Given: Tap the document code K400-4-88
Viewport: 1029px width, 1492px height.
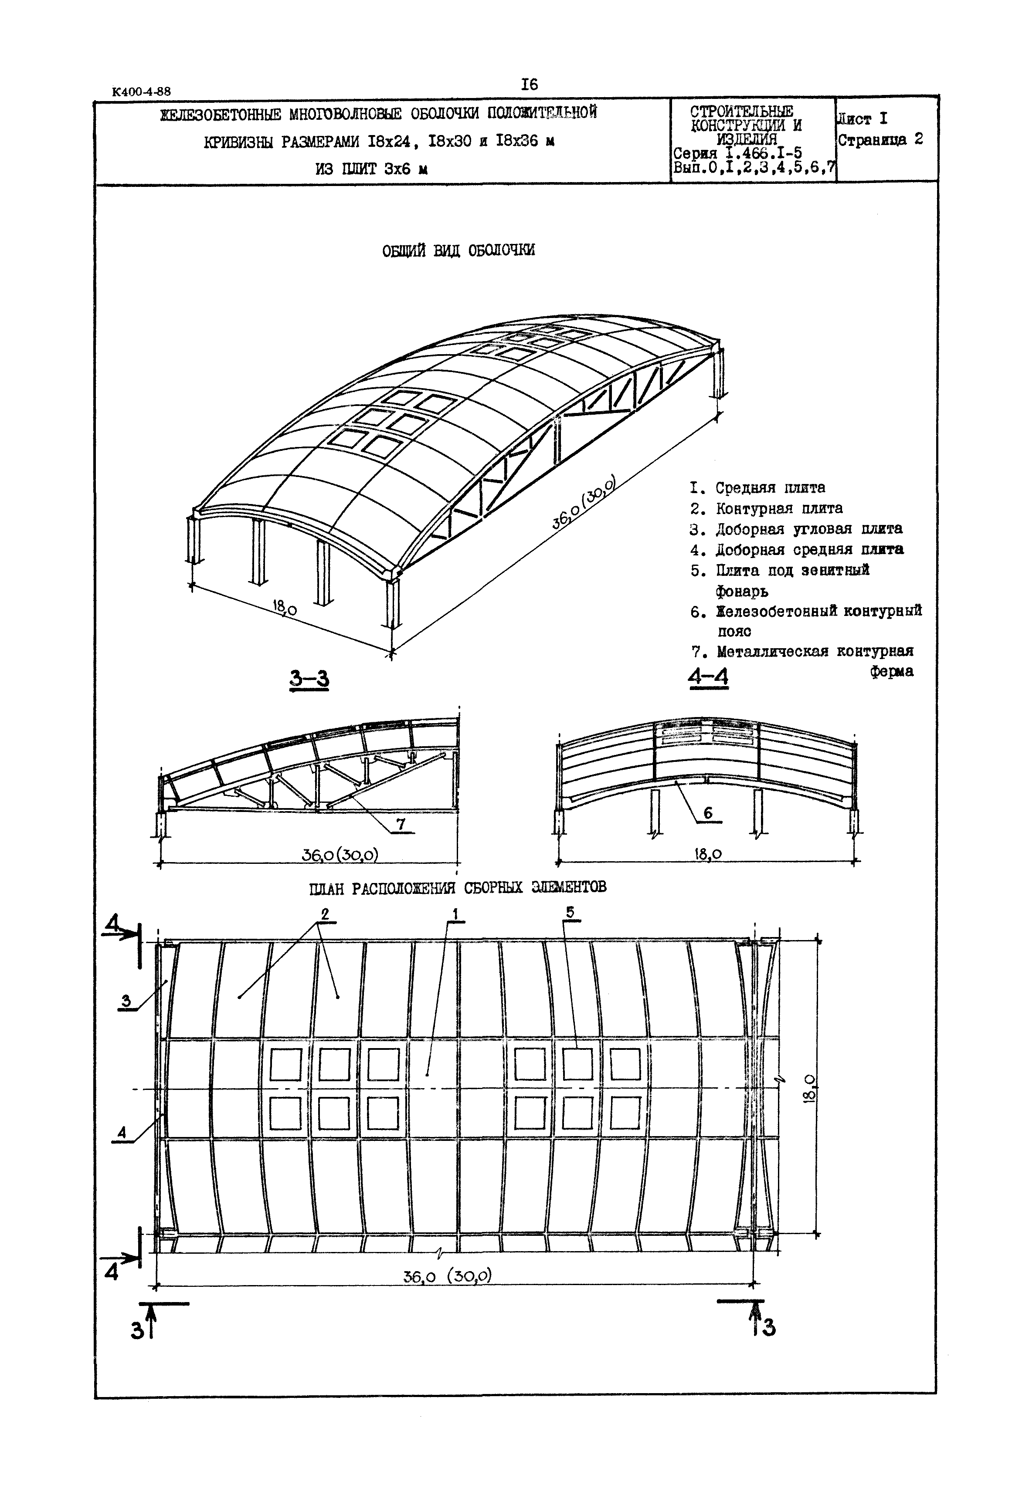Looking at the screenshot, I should coord(141,91).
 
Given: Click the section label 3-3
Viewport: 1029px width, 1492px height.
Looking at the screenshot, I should coord(309,679).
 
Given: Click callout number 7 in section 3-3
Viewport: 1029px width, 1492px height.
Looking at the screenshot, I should coord(401,824).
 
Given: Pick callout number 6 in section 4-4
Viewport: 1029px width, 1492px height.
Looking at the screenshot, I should coord(708,813).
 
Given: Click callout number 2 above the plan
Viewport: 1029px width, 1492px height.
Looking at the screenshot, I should coord(325,914).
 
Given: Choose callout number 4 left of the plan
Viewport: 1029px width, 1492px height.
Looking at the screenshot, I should coord(122,1133).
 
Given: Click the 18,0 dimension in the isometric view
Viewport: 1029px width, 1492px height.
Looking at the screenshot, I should coord(284,607).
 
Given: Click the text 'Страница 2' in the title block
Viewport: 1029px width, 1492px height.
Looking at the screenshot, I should coord(880,140).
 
